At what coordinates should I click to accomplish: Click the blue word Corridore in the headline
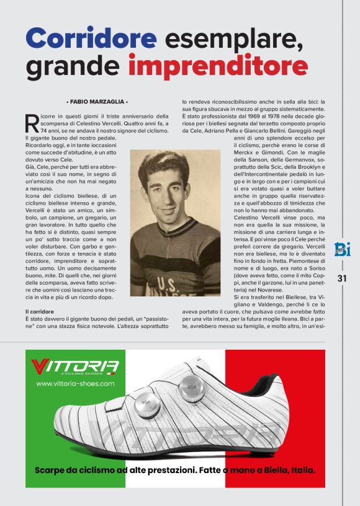coord(90,38)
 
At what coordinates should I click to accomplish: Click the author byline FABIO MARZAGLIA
coord(96,101)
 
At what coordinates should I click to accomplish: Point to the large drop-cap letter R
coord(32,123)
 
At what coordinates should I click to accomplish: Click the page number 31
coord(342,278)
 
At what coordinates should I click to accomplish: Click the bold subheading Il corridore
coord(39,311)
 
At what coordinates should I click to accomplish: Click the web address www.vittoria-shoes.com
coord(75,384)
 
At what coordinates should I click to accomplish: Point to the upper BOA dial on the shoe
coord(191,389)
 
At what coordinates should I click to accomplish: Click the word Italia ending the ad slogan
coord(301,470)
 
